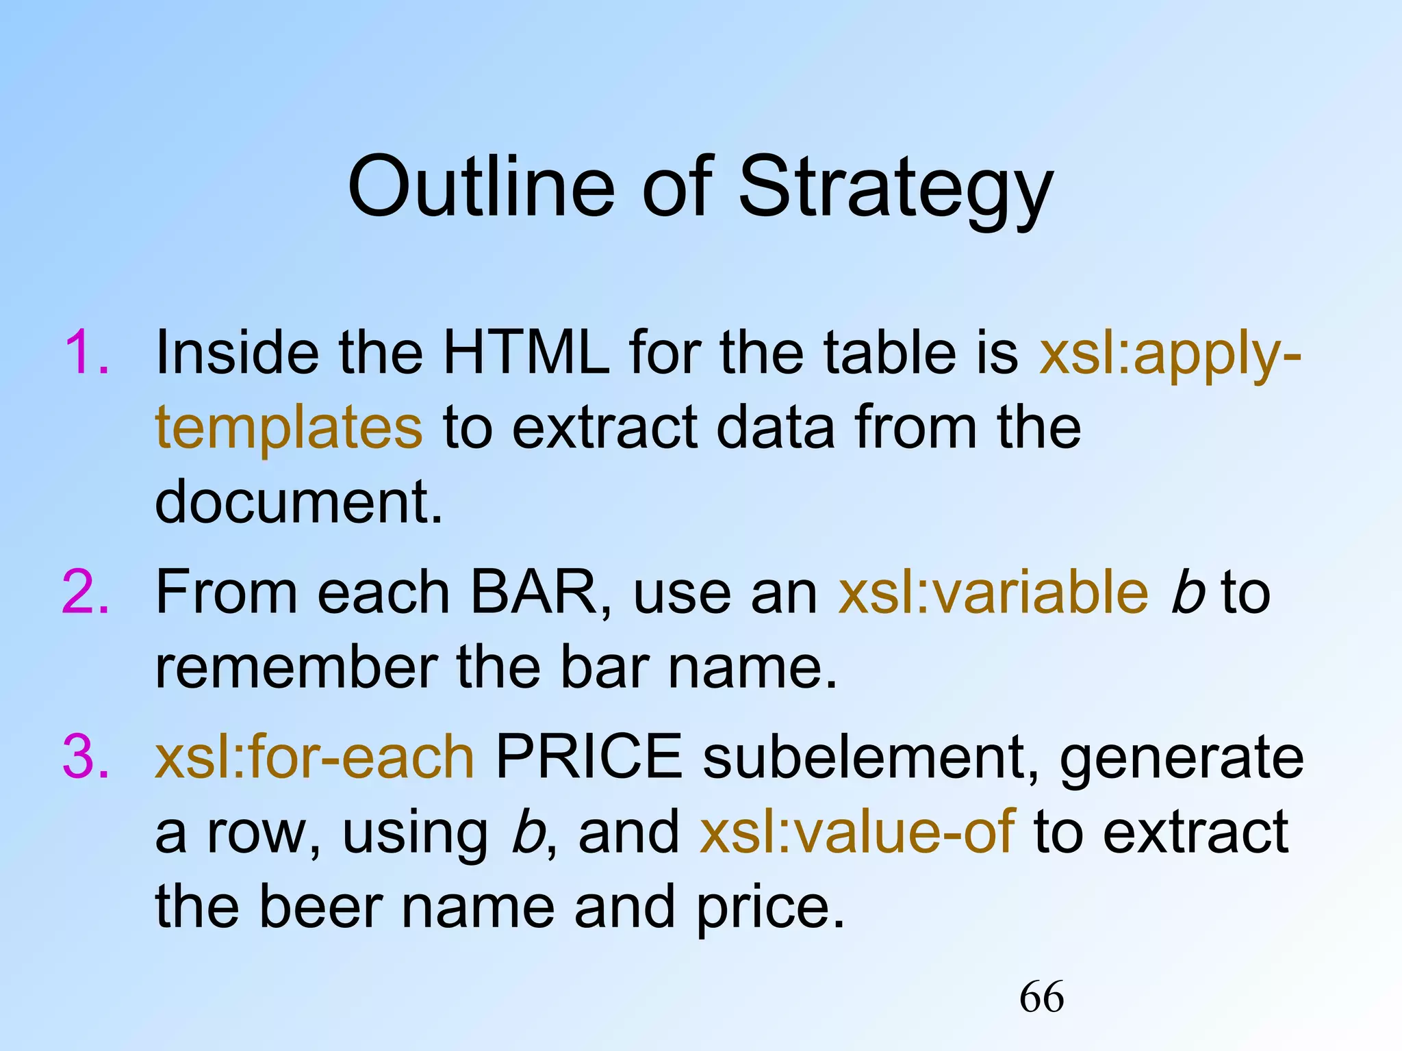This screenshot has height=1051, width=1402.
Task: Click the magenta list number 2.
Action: click(x=86, y=592)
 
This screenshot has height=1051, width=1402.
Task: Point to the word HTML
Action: click(x=526, y=352)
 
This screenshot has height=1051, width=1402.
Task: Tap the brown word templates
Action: click(x=289, y=428)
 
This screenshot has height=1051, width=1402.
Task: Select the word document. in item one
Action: click(x=299, y=502)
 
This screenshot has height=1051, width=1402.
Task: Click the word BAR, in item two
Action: click(x=539, y=592)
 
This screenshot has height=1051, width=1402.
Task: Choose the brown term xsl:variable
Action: click(x=993, y=592)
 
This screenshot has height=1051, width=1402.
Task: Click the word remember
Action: click(x=296, y=667)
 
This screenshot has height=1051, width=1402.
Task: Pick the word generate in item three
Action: click(x=1182, y=758)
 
